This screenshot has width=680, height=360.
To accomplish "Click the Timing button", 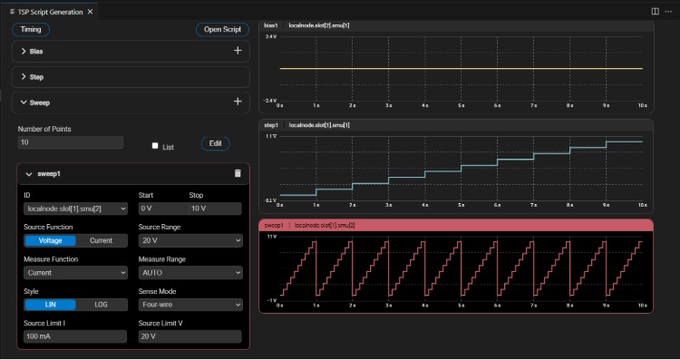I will coord(31,29).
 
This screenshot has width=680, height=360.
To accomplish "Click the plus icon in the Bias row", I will coord(238,52).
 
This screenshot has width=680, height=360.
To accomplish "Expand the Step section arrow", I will coord(24,77).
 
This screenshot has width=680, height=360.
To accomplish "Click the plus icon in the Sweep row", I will coord(238,102).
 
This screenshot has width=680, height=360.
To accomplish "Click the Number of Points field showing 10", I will coord(70,142).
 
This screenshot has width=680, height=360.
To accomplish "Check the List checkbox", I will coord(155,145).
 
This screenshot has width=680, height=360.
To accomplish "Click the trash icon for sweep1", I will coord(238,173).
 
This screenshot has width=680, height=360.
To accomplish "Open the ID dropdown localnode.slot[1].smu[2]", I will coord(76,209).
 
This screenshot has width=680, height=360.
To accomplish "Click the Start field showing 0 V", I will coord(160,209).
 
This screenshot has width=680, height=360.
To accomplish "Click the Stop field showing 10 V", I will coord(216,209).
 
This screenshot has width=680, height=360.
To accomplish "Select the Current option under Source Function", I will coord(101,240).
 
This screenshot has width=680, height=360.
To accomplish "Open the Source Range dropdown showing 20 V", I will coord(190,240).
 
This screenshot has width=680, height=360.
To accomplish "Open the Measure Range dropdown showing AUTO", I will coord(190,272).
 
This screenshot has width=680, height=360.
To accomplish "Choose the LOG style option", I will coord(101,305).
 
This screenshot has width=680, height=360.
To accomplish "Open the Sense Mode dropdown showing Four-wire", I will coord(190,305).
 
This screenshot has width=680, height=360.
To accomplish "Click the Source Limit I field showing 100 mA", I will coord(76,336).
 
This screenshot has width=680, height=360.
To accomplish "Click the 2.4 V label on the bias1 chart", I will coord(270,36).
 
